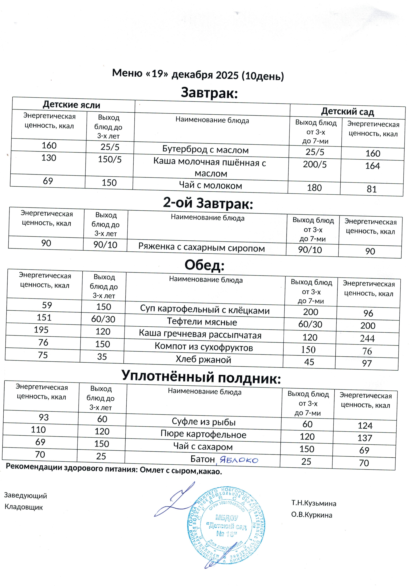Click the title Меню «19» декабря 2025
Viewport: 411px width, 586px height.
point(198,75)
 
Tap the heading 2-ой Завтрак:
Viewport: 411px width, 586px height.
point(208,203)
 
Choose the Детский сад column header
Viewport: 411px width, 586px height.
point(347,112)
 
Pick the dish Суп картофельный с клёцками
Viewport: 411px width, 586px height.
point(205,310)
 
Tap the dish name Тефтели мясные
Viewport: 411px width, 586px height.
point(202,322)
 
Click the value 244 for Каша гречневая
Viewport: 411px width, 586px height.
point(367,338)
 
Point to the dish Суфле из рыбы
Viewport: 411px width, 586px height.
point(204,422)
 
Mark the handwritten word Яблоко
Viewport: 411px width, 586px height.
point(239,460)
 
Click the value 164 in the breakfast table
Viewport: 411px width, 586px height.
point(372,166)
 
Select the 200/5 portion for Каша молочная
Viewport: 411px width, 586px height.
point(314,164)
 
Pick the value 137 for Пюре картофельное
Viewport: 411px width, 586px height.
point(365,438)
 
